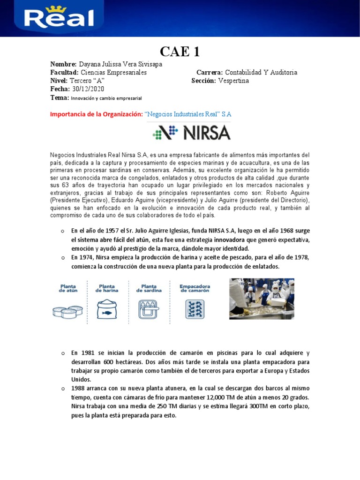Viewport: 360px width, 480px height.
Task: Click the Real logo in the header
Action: click(x=59, y=19)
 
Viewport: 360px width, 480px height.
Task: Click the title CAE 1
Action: click(x=180, y=51)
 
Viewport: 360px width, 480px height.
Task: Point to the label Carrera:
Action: click(x=210, y=72)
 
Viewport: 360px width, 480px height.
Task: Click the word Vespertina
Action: click(x=234, y=81)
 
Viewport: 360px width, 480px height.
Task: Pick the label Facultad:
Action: click(x=64, y=72)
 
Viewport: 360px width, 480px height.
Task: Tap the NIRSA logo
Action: click(x=191, y=133)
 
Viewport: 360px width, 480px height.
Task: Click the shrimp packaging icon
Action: click(x=194, y=310)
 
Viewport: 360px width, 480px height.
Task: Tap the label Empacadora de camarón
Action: click(x=195, y=288)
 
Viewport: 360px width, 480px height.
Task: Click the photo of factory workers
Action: click(x=262, y=299)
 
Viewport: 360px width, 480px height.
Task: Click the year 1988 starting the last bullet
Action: click(x=79, y=389)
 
